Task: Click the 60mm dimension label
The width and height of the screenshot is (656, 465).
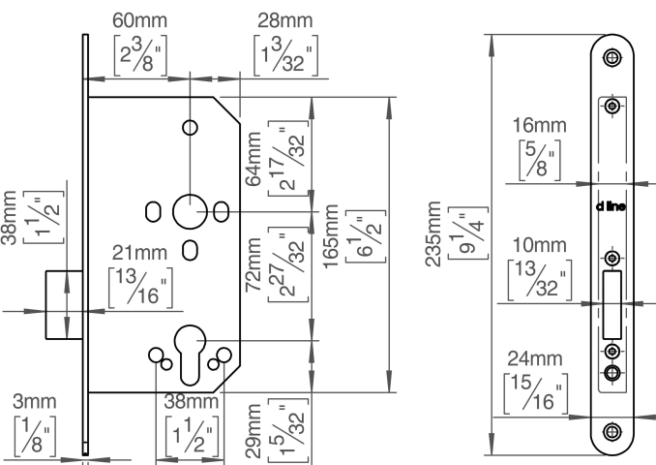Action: click(x=139, y=20)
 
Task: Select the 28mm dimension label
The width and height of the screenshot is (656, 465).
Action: click(x=284, y=20)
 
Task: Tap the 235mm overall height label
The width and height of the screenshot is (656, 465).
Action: click(x=433, y=233)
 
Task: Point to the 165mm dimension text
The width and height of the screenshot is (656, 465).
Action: click(x=331, y=235)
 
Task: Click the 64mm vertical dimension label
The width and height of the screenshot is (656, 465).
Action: click(x=253, y=159)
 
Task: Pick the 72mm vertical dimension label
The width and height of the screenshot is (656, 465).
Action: click(x=253, y=264)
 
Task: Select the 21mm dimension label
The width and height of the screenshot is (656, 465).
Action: click(x=139, y=253)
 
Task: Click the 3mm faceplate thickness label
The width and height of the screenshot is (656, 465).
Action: click(x=34, y=401)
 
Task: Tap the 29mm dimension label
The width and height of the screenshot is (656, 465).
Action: click(x=253, y=431)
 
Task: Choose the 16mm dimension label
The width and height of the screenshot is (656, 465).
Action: click(x=540, y=125)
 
